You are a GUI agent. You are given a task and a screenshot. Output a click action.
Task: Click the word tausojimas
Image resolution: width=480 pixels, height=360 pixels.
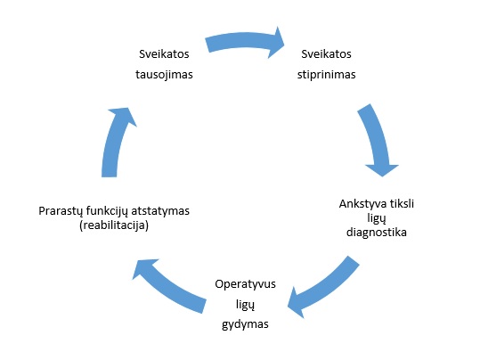pyautogui.click(x=164, y=75)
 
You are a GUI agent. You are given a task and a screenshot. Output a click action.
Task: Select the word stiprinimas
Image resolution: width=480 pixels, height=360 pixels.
pyautogui.click(x=326, y=75)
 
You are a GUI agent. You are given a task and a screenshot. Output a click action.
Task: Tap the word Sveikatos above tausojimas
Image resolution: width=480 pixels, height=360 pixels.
pyautogui.click(x=164, y=54)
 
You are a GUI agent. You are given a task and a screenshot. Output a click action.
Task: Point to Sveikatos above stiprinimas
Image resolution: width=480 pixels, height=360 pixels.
pyautogui.click(x=326, y=54)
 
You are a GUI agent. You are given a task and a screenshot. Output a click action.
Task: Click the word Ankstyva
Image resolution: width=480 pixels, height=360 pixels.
pyautogui.click(x=362, y=204)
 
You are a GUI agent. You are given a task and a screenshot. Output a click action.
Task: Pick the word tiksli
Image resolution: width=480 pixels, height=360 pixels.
pyautogui.click(x=402, y=203)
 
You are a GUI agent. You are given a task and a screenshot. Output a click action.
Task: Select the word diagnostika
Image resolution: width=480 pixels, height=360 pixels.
pyautogui.click(x=377, y=233)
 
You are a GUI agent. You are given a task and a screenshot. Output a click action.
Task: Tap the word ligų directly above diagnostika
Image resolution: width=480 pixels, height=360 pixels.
pyautogui.click(x=377, y=218)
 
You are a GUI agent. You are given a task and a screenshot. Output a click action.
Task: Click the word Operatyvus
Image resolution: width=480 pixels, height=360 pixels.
pyautogui.click(x=245, y=284)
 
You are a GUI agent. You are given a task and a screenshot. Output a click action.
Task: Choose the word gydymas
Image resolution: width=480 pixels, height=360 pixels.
pyautogui.click(x=245, y=324)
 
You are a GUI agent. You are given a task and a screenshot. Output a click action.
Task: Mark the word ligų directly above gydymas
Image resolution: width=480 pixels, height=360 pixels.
pyautogui.click(x=245, y=305)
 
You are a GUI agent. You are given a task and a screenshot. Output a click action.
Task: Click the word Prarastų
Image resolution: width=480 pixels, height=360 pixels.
pyautogui.click(x=61, y=211)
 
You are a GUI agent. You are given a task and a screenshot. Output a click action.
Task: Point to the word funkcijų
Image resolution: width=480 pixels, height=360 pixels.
pyautogui.click(x=107, y=211)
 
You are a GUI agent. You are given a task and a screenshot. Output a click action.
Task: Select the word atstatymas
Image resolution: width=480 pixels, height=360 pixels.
pyautogui.click(x=160, y=211)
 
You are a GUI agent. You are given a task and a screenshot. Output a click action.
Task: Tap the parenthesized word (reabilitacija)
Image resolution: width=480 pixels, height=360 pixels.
pyautogui.click(x=114, y=225)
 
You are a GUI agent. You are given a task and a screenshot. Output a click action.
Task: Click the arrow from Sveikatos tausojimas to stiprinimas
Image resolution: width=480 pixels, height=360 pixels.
pyautogui.click(x=245, y=41)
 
